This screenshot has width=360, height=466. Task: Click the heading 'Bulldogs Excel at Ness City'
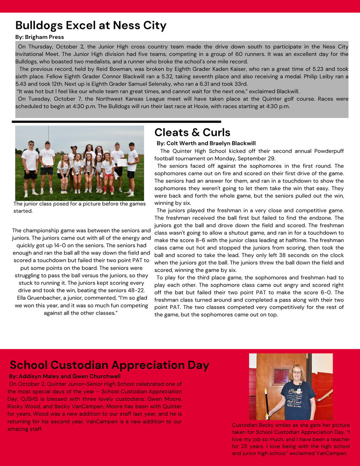[x=91, y=25]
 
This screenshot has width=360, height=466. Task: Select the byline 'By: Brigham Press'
[x=40, y=37]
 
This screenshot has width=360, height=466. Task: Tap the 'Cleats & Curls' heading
[x=192, y=132]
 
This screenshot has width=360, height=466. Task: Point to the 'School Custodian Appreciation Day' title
[x=109, y=365]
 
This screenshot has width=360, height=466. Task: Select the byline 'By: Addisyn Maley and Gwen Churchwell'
[x=65, y=376]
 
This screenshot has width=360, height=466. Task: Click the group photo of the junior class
[x=79, y=163]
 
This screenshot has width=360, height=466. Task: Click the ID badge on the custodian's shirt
[x=299, y=379]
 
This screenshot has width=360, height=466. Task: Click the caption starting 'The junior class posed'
[x=78, y=207]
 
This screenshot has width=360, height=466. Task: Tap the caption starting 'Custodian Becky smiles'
[x=291, y=439]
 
